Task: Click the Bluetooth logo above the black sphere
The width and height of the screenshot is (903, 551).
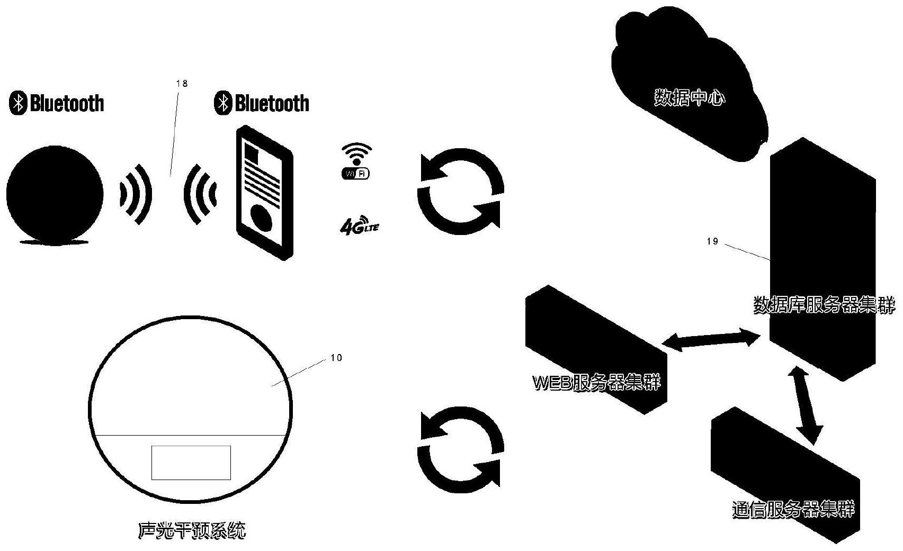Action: [x=57, y=103]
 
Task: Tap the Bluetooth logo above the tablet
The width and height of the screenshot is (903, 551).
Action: [x=262, y=103]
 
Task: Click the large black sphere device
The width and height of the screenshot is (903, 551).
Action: [x=55, y=194]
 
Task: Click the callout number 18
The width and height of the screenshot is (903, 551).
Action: [x=182, y=83]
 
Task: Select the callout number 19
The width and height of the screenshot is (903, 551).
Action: [x=712, y=241]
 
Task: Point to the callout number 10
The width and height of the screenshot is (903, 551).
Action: [x=336, y=358]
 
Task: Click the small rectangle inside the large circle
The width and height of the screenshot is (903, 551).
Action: [x=191, y=463]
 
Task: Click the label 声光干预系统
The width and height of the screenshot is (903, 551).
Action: [x=192, y=530]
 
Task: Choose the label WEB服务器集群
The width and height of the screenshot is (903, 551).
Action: [x=596, y=382]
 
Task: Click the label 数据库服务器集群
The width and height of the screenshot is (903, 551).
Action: [x=824, y=305]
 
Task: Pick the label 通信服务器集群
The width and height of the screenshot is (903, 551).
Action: [x=793, y=509]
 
